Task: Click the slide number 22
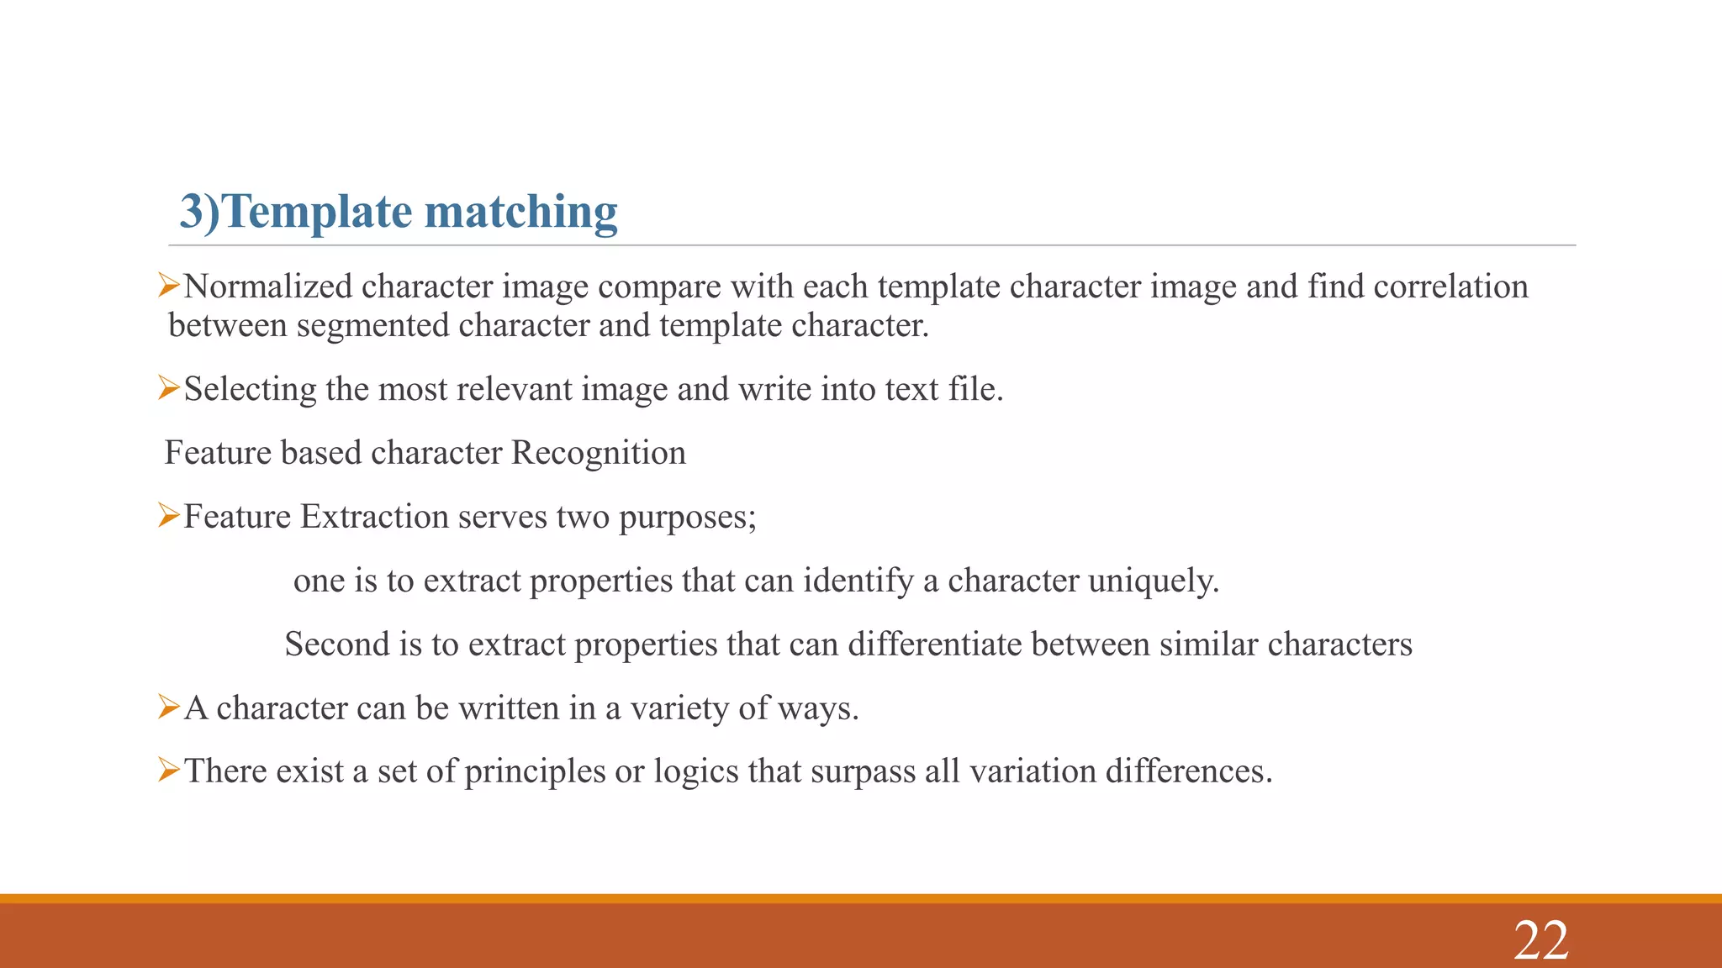(x=1540, y=940)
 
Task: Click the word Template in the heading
(x=318, y=211)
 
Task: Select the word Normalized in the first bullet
(x=268, y=287)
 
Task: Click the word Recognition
(x=598, y=453)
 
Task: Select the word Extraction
(x=375, y=517)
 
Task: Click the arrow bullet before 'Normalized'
(x=169, y=287)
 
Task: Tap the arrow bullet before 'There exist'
(x=169, y=771)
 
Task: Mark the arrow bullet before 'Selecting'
(x=169, y=389)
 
